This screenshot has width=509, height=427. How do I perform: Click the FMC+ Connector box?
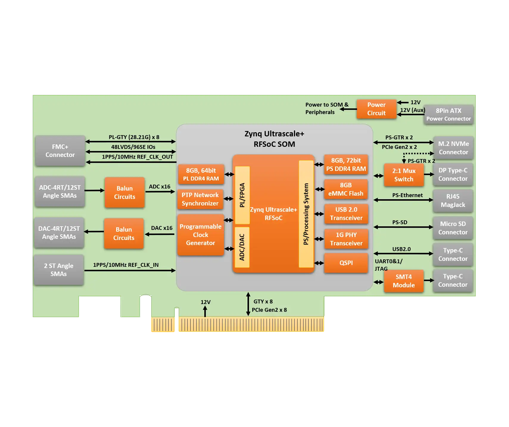click(x=60, y=151)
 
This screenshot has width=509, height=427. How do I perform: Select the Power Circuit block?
click(x=376, y=109)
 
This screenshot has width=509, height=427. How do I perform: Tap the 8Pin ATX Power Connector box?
click(x=449, y=115)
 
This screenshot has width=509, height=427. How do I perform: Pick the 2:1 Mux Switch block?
click(x=404, y=175)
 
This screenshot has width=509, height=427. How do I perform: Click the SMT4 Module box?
click(x=404, y=281)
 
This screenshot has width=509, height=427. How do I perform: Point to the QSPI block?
click(x=346, y=263)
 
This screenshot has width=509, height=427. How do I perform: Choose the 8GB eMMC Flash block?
click(x=346, y=189)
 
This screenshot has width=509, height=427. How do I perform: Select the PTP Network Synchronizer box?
click(x=200, y=199)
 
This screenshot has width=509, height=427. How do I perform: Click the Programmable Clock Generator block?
click(x=200, y=235)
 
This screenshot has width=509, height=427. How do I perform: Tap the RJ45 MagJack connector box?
click(x=453, y=201)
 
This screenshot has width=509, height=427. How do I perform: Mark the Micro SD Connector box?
click(x=453, y=228)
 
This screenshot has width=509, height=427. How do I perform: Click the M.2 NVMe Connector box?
click(x=453, y=148)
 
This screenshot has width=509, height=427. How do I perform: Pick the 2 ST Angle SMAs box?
click(x=59, y=270)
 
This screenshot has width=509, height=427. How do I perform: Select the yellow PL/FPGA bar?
click(x=242, y=195)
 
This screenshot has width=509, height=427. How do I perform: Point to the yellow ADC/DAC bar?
click(x=242, y=247)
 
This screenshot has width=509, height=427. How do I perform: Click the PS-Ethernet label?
click(x=407, y=195)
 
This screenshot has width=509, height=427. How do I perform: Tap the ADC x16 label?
click(x=160, y=187)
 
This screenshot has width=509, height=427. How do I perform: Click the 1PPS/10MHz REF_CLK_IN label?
click(x=126, y=265)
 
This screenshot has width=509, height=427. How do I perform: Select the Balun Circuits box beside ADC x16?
click(x=124, y=193)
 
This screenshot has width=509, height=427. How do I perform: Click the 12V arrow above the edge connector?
click(x=205, y=311)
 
